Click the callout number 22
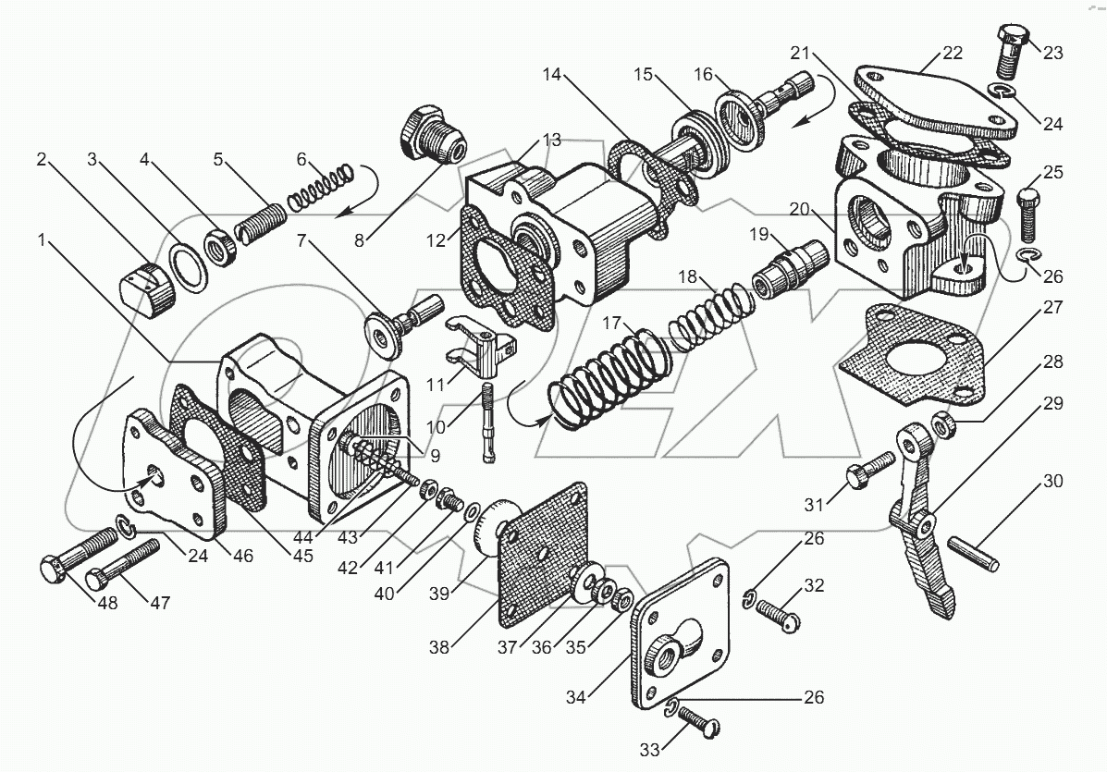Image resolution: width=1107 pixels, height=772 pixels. [x=952, y=54]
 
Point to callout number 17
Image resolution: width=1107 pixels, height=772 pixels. [x=611, y=324]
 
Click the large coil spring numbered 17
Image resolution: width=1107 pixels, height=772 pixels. [x=610, y=381]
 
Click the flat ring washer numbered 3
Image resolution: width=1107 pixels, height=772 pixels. [x=188, y=268]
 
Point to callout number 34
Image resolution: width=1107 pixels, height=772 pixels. [x=576, y=697]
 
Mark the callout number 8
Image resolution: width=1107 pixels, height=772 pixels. [x=360, y=240]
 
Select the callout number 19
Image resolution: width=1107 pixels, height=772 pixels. [x=759, y=235]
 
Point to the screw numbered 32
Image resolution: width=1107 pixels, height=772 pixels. [x=778, y=613]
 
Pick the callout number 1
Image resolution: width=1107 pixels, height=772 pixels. [x=42, y=240]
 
